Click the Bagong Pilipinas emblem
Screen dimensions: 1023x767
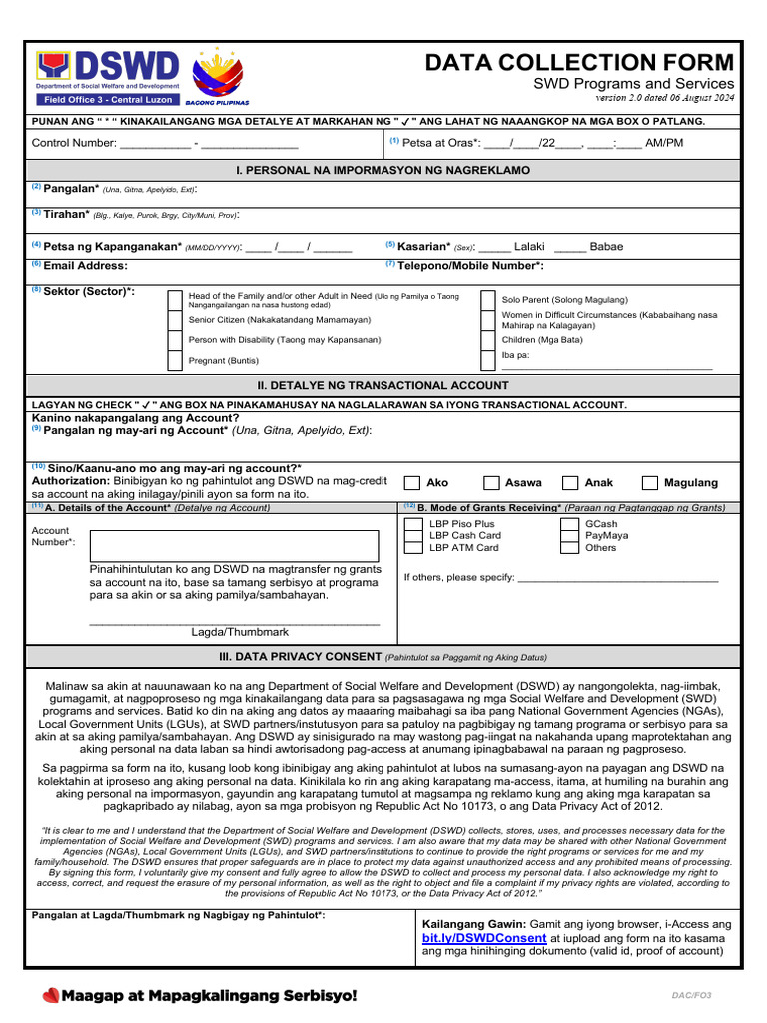click(x=217, y=76)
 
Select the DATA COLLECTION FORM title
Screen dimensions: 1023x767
click(x=579, y=63)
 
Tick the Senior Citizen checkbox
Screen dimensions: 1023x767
click(x=175, y=320)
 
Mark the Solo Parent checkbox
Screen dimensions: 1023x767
click(x=487, y=300)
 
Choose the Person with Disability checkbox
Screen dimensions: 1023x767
click(x=175, y=340)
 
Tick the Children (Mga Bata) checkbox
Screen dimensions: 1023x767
click(x=487, y=340)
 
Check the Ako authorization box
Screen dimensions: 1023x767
click(x=411, y=483)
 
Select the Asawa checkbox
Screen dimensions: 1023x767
click(x=491, y=483)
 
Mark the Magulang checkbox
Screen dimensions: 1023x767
click(x=650, y=483)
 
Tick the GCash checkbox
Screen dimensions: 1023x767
click(x=568, y=524)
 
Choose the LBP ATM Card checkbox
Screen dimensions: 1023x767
click(x=412, y=548)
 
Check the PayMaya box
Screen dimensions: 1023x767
click(x=568, y=536)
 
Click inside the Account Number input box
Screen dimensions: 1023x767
click(x=234, y=546)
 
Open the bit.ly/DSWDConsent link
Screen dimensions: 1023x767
click(x=484, y=938)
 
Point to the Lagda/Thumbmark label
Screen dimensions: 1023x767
click(x=240, y=632)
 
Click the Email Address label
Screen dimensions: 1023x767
click(x=85, y=266)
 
